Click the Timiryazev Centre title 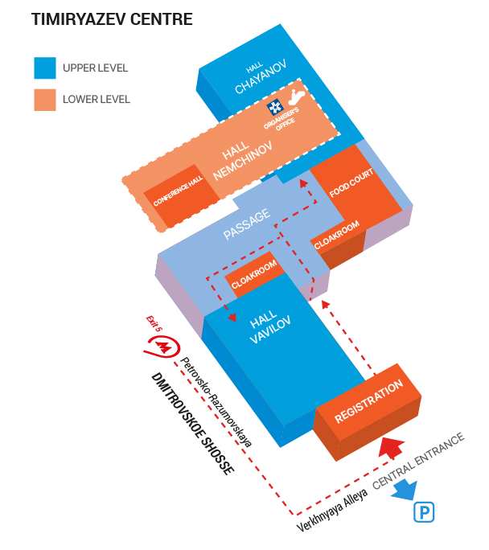coord(112,19)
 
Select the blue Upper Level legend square coord(44,68)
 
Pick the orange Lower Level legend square coord(44,100)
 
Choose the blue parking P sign coord(424,511)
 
